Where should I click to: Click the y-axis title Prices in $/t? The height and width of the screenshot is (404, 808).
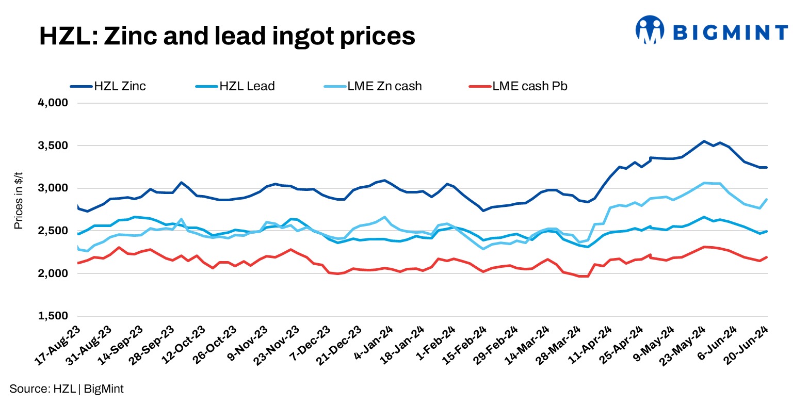coord(19,209)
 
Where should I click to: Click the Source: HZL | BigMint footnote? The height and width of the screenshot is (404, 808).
coord(67,389)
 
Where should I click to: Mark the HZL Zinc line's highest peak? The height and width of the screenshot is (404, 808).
coord(703,141)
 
